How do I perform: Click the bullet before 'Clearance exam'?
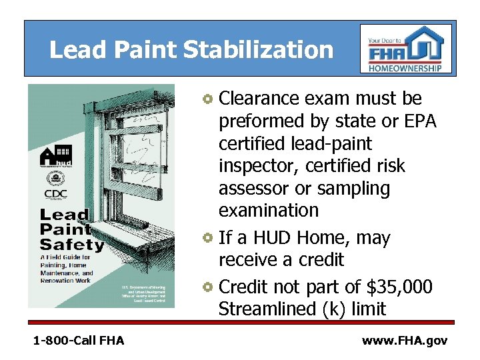209,100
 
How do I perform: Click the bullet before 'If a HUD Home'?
209,239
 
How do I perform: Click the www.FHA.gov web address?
404,341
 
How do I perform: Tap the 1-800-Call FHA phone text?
78,341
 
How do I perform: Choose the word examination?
269,211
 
